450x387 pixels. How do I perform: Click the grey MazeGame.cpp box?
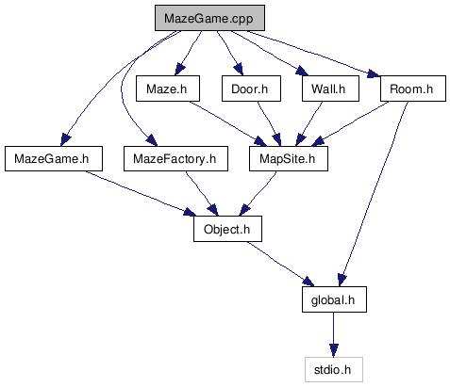coord(209,18)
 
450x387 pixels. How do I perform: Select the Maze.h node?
coord(168,89)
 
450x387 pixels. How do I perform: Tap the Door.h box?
coord(251,89)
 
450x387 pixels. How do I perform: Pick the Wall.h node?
coord(330,89)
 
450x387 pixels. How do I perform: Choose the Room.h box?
coord(413,89)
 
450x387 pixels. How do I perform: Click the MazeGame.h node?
coord(54,158)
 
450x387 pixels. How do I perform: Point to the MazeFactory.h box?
coord(175,158)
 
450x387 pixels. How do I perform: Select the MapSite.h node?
coord(289,158)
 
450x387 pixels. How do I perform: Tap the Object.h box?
coord(227,229)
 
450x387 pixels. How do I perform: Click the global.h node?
coord(334,299)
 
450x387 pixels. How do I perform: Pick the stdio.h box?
coord(334,369)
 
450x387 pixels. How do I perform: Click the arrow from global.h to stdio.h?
coord(334,334)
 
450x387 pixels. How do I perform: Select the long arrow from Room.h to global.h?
coord(374,194)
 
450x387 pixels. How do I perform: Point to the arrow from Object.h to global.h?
coord(280,264)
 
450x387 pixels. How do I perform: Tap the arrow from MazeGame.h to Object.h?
coord(141,193)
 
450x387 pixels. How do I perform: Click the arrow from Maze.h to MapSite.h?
coord(228,123)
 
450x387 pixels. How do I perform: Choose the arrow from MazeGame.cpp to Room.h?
coord(313,54)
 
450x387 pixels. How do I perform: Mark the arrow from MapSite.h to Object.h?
coord(258,194)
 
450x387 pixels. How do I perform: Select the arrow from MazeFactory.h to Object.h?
coord(201,194)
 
